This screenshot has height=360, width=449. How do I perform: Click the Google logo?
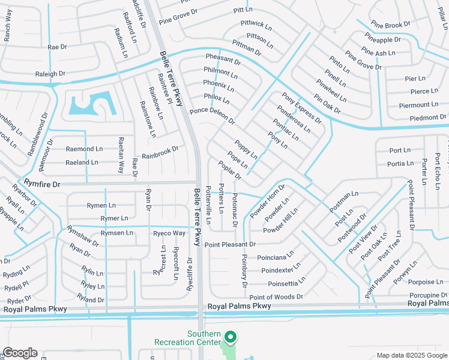[x=20, y=353]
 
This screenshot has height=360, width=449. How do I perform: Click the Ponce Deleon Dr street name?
[x=212, y=115]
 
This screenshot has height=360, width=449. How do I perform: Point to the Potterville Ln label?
[x=208, y=204]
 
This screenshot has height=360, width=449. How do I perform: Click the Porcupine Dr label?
[x=428, y=295]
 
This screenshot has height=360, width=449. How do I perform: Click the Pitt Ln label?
[x=243, y=10]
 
